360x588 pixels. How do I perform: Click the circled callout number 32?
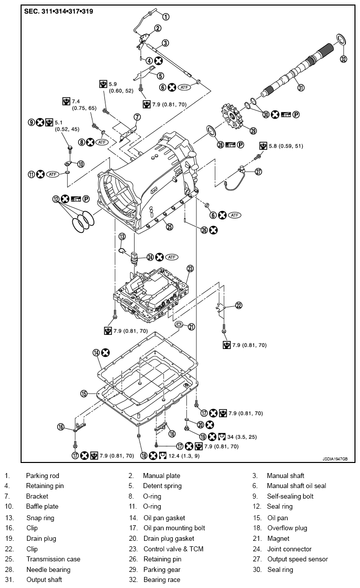343,59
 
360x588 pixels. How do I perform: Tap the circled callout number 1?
166,17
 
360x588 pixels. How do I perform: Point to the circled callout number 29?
254,131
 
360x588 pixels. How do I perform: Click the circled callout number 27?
259,171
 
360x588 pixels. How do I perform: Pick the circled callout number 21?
191,327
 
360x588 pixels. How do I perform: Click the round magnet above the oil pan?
178,326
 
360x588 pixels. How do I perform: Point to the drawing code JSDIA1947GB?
335,458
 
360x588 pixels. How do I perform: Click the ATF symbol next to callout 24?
172,257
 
